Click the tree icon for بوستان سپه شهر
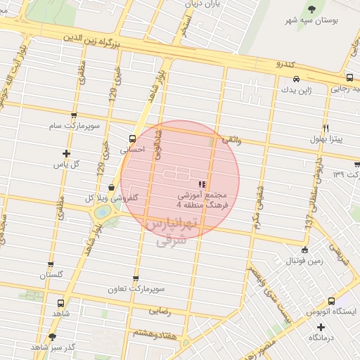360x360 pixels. click(x=311, y=9)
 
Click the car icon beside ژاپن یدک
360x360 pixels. click(x=297, y=79)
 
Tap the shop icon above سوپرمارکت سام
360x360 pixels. click(x=74, y=115)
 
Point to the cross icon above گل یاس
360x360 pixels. click(x=66, y=153)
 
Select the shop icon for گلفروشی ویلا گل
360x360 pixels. click(x=112, y=186)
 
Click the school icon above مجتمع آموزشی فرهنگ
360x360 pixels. click(x=202, y=183)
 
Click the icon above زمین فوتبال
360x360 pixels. click(x=304, y=250)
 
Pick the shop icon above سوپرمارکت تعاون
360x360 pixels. click(x=136, y=278)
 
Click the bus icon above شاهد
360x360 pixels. click(x=60, y=303)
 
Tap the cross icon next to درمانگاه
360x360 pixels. click(x=311, y=337)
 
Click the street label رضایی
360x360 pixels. click(x=159, y=309)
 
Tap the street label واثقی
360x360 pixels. click(x=231, y=140)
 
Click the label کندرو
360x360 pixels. click(x=285, y=64)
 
